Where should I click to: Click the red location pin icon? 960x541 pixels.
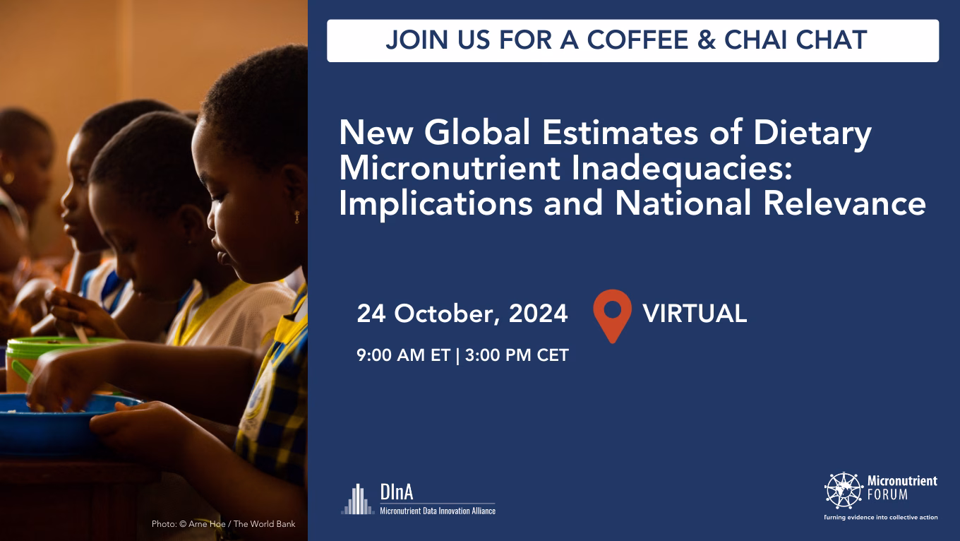tap(613, 316)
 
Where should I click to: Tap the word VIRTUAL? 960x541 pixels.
tap(695, 314)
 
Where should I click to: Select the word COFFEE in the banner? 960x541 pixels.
tap(637, 40)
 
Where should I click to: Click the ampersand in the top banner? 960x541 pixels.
tap(707, 40)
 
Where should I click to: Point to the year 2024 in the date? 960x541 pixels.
tap(538, 314)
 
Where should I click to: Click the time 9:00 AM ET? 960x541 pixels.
tap(403, 355)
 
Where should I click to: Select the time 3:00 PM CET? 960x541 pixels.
tap(517, 355)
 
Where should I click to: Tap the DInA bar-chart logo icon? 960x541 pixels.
tap(358, 499)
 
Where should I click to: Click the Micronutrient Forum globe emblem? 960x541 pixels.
tap(844, 490)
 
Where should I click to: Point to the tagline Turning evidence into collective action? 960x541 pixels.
tap(881, 518)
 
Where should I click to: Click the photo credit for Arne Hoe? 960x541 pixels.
tap(223, 524)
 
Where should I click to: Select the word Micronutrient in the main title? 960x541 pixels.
tap(450, 168)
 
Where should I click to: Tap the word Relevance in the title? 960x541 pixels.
tap(844, 203)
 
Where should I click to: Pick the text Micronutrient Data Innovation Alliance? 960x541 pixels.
tap(438, 511)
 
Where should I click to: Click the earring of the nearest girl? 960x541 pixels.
tap(296, 217)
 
